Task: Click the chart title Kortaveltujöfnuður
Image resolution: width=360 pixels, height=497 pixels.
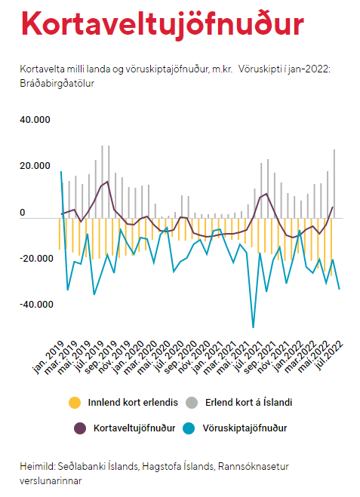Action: point(163,24)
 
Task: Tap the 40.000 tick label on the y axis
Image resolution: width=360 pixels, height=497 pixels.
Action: point(35,120)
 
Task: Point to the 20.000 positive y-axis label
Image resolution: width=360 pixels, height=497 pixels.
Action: point(35,166)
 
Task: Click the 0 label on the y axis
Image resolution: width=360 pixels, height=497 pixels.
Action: point(22,213)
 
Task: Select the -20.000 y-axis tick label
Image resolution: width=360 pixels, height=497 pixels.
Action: point(36,259)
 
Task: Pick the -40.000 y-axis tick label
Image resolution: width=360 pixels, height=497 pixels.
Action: point(36,305)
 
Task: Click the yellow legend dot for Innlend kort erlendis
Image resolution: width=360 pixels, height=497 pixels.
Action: point(75,403)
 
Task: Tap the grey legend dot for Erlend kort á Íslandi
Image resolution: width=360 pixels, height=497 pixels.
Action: point(192,403)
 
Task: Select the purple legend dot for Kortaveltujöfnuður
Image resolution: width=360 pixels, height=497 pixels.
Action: point(80,428)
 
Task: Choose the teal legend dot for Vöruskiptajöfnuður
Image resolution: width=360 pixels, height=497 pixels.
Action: point(189,428)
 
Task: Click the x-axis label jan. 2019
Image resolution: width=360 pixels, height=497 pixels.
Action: point(48,357)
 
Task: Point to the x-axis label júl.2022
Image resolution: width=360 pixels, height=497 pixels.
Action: point(329,356)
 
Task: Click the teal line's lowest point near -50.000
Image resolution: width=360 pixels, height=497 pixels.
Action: point(253,327)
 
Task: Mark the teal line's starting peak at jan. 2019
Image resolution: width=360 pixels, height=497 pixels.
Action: point(61,172)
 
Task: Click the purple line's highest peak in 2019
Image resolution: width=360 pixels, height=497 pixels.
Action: point(108,182)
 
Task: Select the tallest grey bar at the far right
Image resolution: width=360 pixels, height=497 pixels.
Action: point(334,184)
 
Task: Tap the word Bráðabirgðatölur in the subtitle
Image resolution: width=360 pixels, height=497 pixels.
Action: point(57,84)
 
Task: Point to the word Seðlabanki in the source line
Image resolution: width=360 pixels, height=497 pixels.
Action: point(82,467)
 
